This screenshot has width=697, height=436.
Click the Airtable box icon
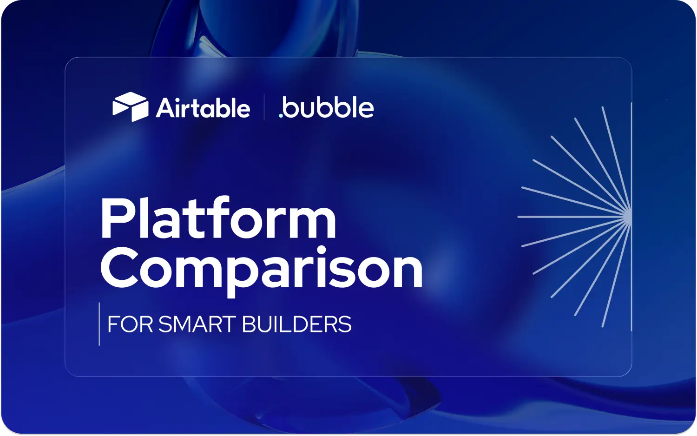coord(130,106)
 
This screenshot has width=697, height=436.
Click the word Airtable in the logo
coord(203,108)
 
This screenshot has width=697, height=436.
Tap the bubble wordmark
coord(329,107)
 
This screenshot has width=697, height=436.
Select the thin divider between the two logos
coord(264,107)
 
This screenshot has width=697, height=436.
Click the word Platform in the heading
coord(218,218)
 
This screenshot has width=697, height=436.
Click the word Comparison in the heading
coord(261,270)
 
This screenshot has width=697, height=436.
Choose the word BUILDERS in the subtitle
coord(296,324)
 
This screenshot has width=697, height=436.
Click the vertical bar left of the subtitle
coord(99,324)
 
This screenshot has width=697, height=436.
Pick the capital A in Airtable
coord(165,108)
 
